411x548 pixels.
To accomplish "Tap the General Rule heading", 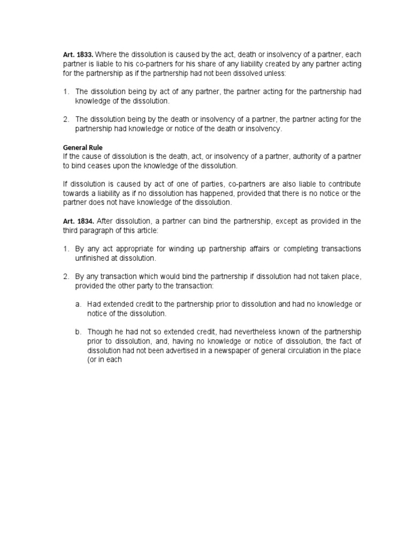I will [82, 147].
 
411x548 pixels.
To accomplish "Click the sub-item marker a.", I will [78, 305].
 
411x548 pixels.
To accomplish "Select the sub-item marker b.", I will [78, 332].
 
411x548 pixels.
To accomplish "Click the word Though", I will [100, 332].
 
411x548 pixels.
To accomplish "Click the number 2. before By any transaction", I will [66, 277].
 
